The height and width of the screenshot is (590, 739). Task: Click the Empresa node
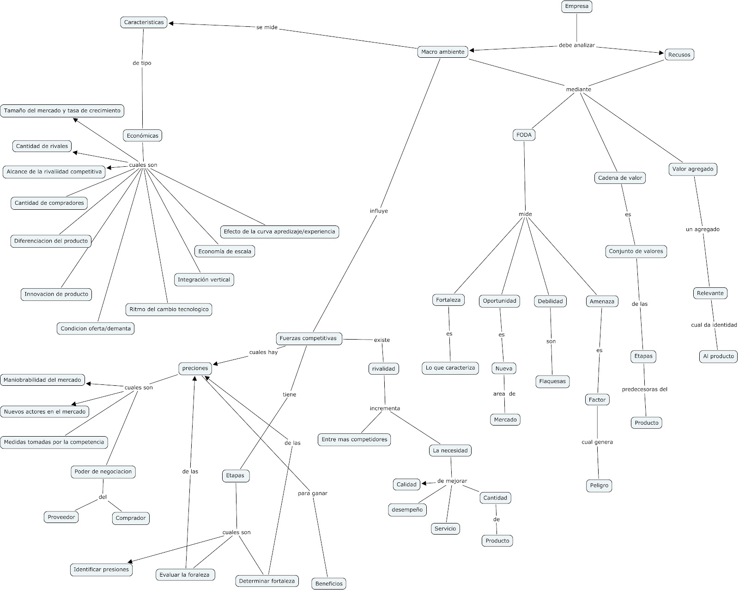pyautogui.click(x=577, y=6)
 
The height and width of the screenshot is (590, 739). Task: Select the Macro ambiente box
pyautogui.click(x=442, y=52)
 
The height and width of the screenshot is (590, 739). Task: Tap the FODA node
pyautogui.click(x=524, y=135)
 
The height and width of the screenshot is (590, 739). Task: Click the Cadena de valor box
pyautogui.click(x=620, y=178)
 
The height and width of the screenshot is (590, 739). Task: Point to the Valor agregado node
pyautogui.click(x=692, y=169)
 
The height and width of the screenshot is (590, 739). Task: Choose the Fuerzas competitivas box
pyautogui.click(x=308, y=338)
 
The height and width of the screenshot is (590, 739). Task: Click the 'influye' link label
pyautogui.click(x=379, y=211)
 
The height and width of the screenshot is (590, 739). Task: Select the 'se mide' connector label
pyautogui.click(x=267, y=27)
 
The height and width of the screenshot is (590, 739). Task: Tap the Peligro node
pyautogui.click(x=599, y=486)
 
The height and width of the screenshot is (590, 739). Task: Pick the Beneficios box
pyautogui.click(x=329, y=584)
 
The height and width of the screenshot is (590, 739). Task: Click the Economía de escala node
pyautogui.click(x=224, y=251)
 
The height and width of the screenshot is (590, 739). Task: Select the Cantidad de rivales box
pyautogui.click(x=42, y=146)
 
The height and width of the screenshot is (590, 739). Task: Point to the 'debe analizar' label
pyautogui.click(x=577, y=45)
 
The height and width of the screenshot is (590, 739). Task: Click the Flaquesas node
pyautogui.click(x=552, y=382)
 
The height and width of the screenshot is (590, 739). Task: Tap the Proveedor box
pyautogui.click(x=61, y=517)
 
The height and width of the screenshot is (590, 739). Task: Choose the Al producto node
pyautogui.click(x=718, y=356)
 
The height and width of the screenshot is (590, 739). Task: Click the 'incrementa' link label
pyautogui.click(x=385, y=408)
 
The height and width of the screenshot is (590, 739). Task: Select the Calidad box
pyautogui.click(x=406, y=484)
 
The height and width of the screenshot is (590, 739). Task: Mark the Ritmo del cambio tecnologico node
pyautogui.click(x=169, y=309)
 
